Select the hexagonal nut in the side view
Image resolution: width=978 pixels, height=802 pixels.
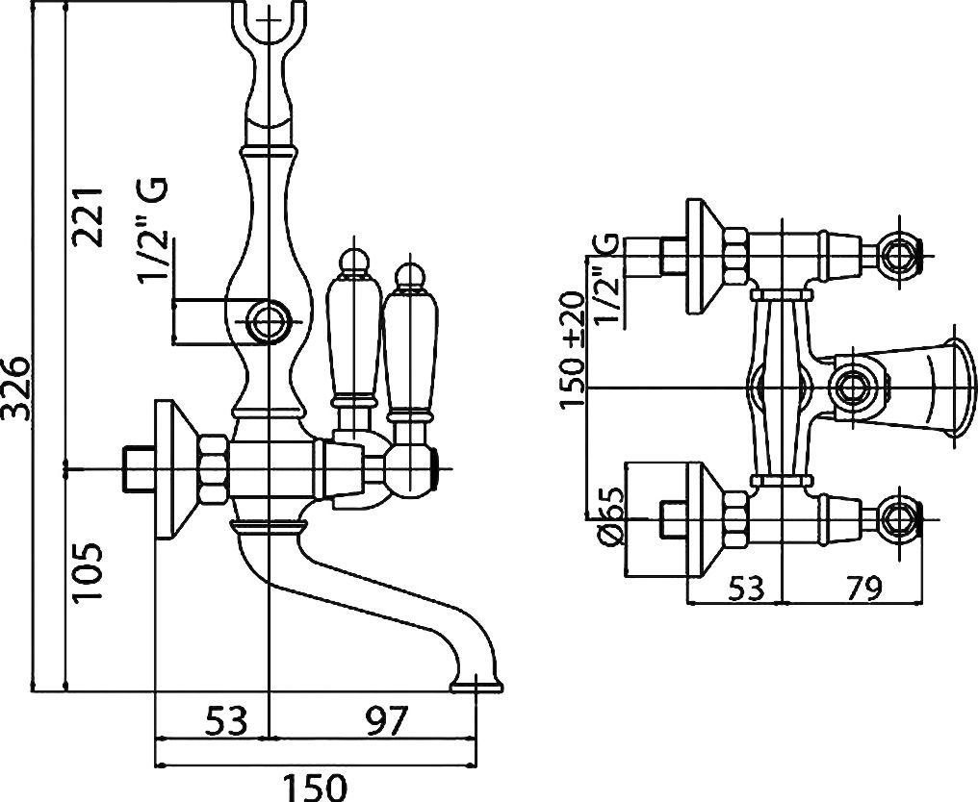(x=214, y=467)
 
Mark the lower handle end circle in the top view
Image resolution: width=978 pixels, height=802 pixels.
(x=901, y=517)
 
